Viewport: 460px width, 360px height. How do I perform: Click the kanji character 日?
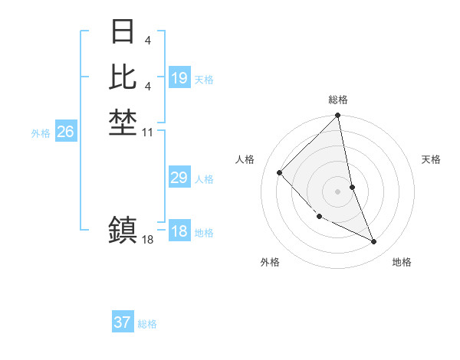pos(123,32)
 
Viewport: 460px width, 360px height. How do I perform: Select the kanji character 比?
pos(123,77)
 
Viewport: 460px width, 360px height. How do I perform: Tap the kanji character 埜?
pos(123,121)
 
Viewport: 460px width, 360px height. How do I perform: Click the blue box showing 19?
pos(179,77)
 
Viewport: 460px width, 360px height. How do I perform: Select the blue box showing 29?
pos(179,178)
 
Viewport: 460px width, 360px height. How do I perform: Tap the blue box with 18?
pos(179,231)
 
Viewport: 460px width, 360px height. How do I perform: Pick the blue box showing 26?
pos(66,132)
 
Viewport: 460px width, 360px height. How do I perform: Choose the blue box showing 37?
pos(123,322)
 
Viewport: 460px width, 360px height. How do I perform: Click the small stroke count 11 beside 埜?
pos(148,133)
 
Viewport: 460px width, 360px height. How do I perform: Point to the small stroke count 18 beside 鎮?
pos(148,240)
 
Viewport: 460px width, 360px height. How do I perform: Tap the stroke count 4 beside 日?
pos(148,39)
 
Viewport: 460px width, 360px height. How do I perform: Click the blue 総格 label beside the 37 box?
pos(147,324)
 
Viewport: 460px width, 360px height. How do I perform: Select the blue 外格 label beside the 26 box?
pos(41,133)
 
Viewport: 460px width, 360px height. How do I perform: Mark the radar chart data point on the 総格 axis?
pos(337,116)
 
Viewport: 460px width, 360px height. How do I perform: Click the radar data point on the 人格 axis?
pos(280,173)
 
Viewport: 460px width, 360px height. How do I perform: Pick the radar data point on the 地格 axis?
pos(374,241)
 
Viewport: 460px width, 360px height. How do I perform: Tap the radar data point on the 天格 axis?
pos(352,187)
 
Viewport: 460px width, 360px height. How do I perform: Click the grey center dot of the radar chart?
pos(337,191)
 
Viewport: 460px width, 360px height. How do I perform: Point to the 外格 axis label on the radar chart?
pos(270,262)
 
